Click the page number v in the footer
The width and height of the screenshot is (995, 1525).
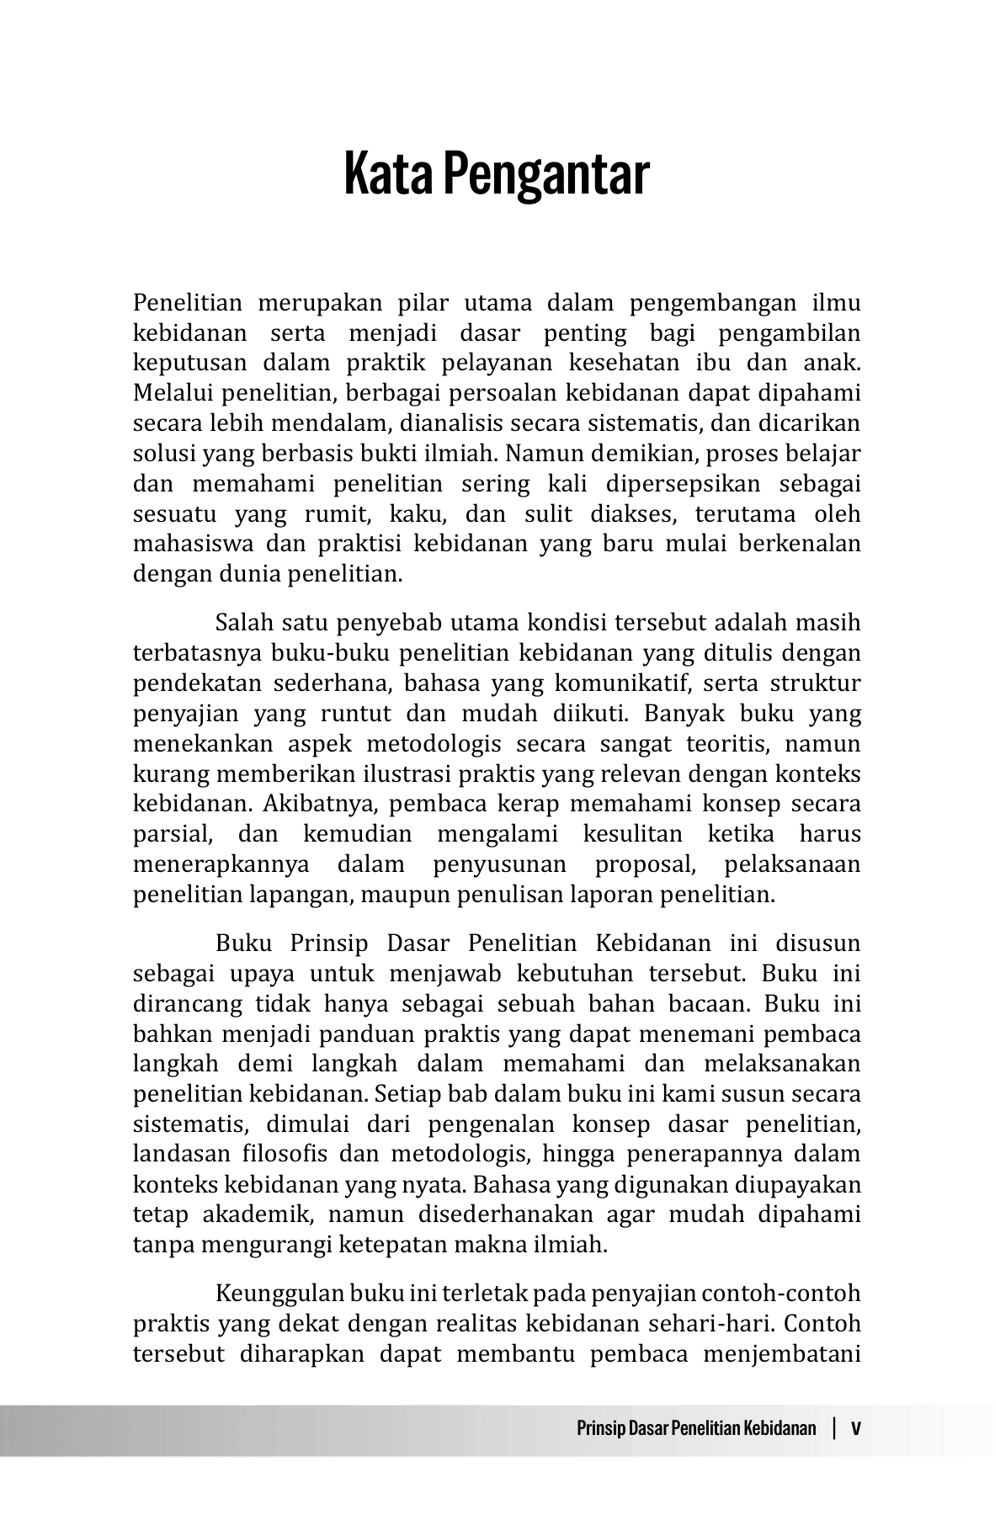pyautogui.click(x=856, y=1428)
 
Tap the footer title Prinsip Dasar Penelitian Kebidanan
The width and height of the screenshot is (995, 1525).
pyautogui.click(x=697, y=1428)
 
